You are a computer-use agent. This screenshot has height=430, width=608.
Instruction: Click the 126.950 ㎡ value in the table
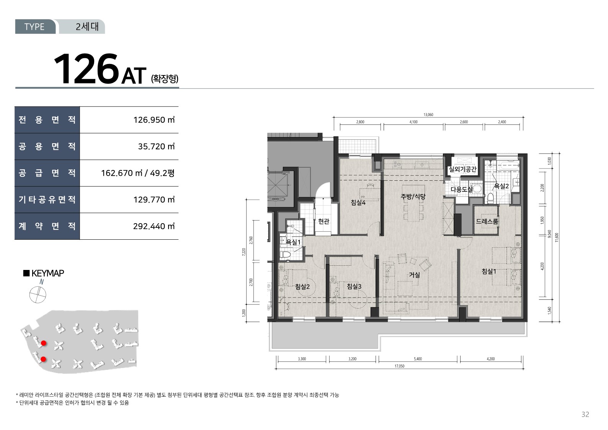(x=154, y=120)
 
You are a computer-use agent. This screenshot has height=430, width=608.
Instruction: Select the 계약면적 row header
(x=47, y=226)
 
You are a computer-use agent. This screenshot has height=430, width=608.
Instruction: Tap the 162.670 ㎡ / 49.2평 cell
(x=137, y=173)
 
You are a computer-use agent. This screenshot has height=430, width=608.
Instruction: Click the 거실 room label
(x=415, y=275)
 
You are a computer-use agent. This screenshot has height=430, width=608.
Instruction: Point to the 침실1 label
(x=489, y=271)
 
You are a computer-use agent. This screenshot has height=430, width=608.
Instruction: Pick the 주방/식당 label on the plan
(x=413, y=196)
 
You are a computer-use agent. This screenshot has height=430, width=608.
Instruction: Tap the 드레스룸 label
(x=487, y=221)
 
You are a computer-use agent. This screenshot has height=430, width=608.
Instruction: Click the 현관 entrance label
(x=324, y=221)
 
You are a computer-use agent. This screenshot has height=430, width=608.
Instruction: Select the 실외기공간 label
(x=463, y=169)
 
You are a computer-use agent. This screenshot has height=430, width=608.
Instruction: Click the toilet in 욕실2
(x=490, y=198)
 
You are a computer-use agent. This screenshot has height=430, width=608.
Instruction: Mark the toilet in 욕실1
(x=286, y=255)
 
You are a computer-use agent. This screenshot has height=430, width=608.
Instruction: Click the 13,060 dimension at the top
(x=428, y=114)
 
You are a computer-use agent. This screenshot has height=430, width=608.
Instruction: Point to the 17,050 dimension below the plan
(x=400, y=366)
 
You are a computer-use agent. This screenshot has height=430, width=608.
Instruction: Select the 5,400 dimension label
(x=418, y=359)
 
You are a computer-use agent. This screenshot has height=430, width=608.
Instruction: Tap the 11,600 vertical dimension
(x=557, y=237)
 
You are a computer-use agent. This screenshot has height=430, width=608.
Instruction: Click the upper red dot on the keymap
(x=43, y=343)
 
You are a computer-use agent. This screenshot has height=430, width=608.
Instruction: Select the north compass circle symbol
(x=38, y=294)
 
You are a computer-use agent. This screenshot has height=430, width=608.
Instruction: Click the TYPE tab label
(x=34, y=26)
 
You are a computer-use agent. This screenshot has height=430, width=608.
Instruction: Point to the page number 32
(x=585, y=414)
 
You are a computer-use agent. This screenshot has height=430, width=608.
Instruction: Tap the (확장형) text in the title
(x=165, y=78)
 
